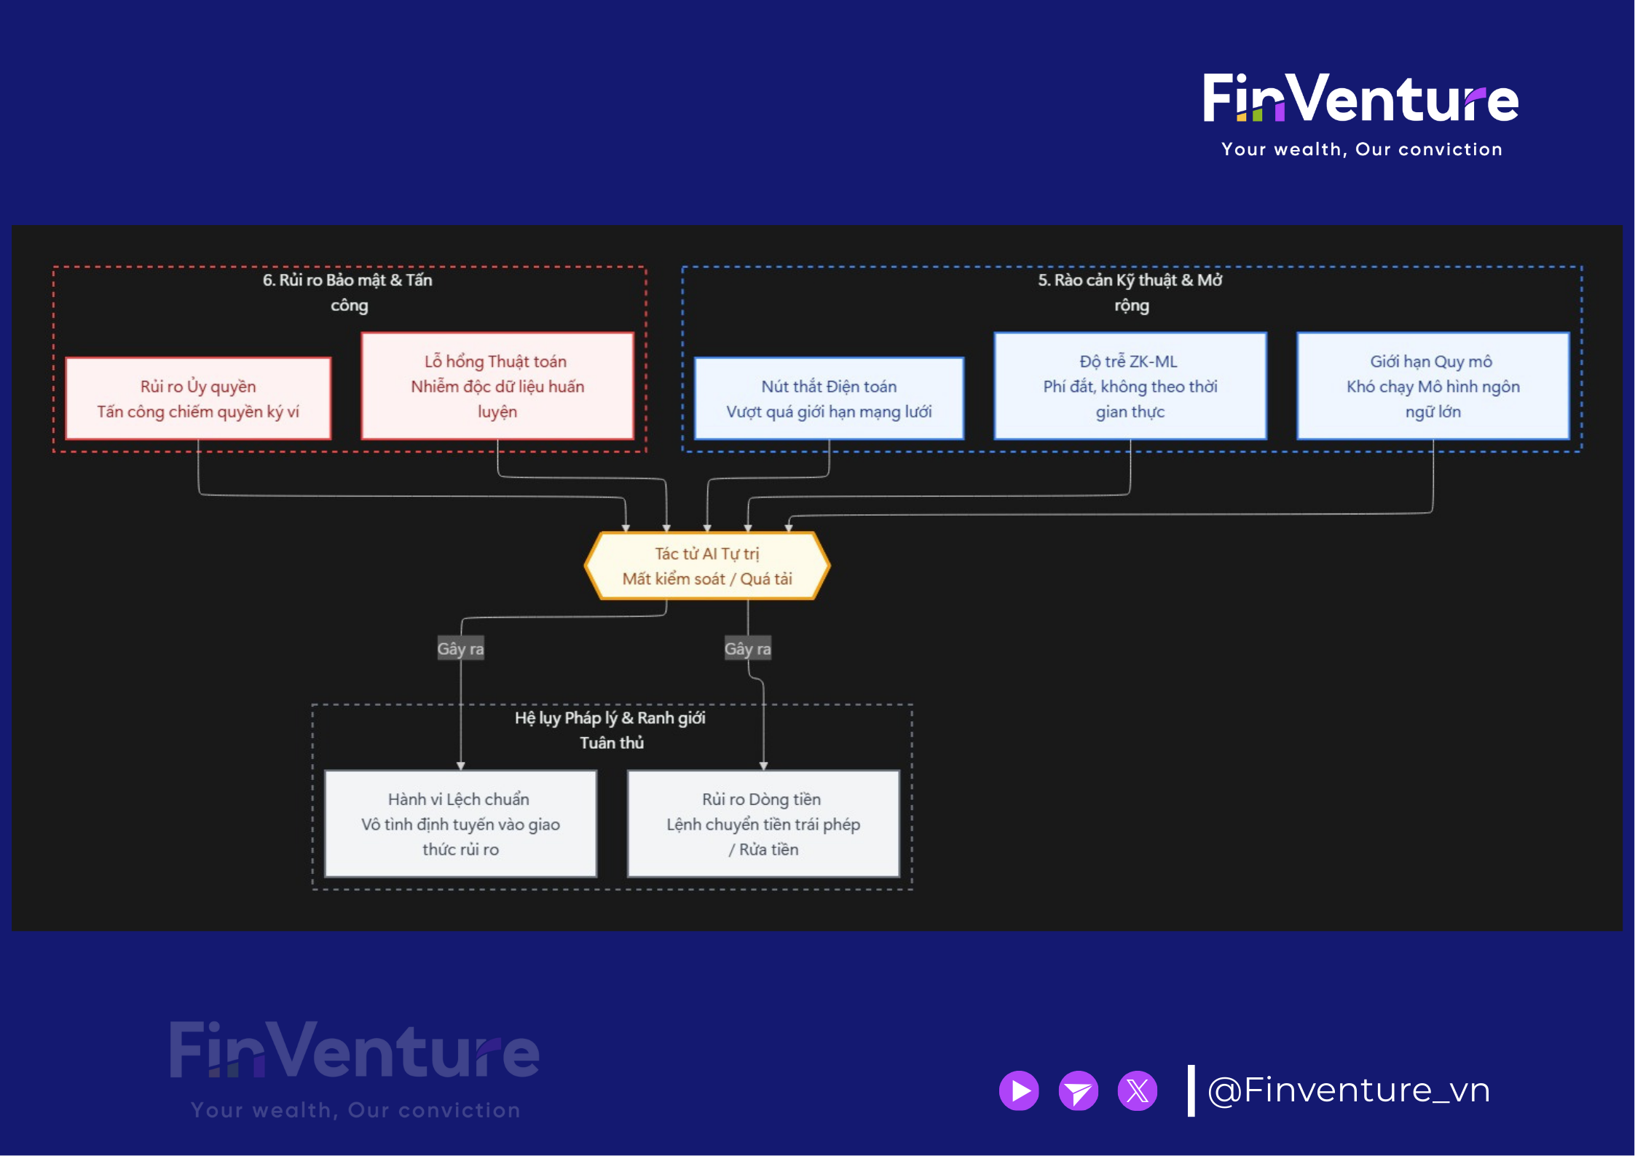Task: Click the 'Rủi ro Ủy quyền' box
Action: (x=198, y=398)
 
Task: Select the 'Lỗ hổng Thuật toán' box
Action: (x=497, y=386)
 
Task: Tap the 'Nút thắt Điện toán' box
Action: (x=829, y=398)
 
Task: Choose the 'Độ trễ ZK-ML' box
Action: (x=1130, y=386)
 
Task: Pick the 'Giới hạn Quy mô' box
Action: (x=1433, y=386)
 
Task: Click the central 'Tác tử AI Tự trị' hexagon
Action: (x=706, y=566)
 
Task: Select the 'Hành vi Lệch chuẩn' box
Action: (x=460, y=824)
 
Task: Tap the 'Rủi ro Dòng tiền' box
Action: (x=763, y=824)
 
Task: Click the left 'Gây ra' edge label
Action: (x=460, y=648)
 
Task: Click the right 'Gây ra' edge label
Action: (x=747, y=648)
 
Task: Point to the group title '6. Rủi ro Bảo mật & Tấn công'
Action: (x=348, y=292)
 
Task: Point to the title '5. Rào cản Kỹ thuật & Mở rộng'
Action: (x=1130, y=292)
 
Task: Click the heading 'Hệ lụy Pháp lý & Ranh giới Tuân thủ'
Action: (x=610, y=730)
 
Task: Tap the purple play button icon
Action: (x=1019, y=1090)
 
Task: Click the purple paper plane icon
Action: (x=1078, y=1090)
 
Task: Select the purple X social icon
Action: (x=1137, y=1090)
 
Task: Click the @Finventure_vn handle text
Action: (x=1349, y=1090)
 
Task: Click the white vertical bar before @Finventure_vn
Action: (x=1191, y=1090)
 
